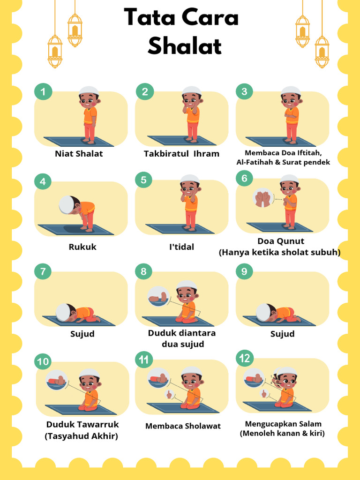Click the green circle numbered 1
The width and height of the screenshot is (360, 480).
click(x=43, y=91)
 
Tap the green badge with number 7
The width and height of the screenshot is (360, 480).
click(x=43, y=271)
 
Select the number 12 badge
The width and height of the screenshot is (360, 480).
click(x=245, y=358)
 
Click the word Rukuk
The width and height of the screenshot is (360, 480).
click(x=82, y=247)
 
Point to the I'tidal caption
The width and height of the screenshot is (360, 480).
click(x=182, y=247)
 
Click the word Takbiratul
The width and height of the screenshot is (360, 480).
click(x=166, y=153)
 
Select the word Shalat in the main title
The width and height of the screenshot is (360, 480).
click(x=185, y=46)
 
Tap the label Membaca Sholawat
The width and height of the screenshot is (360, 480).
click(x=183, y=426)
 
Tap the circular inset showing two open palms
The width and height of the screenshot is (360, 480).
click(x=262, y=198)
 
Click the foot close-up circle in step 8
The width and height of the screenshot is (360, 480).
click(x=158, y=296)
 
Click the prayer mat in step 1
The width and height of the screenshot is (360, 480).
click(x=79, y=142)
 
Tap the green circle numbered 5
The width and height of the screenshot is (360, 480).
click(x=143, y=180)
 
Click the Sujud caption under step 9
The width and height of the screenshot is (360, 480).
click(x=283, y=334)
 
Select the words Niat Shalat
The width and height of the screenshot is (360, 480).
click(x=79, y=153)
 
